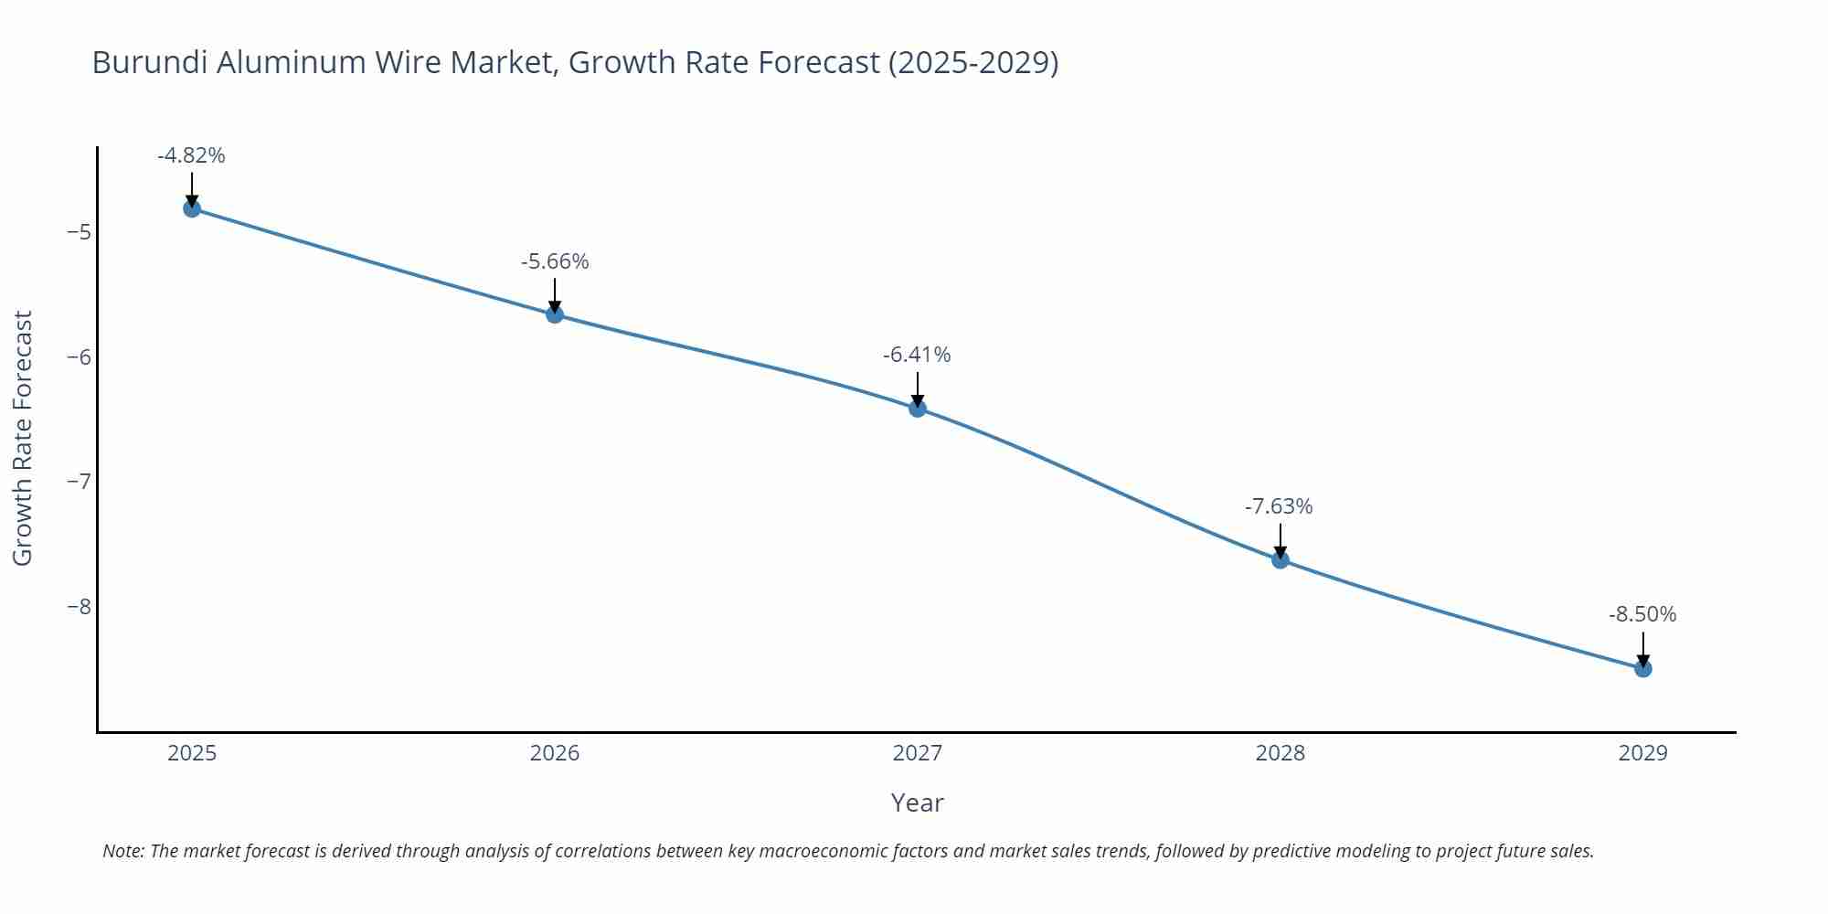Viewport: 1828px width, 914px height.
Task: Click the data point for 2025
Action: [192, 208]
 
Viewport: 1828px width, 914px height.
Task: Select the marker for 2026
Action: [555, 314]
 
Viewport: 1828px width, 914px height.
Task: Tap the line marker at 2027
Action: [918, 408]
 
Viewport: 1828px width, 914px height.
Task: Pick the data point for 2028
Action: [1281, 559]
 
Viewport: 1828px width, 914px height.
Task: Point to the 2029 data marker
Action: [1643, 668]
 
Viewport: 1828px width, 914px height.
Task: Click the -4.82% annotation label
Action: [191, 155]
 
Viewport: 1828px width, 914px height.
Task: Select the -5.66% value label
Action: [555, 261]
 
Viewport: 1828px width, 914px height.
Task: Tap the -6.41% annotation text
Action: [917, 355]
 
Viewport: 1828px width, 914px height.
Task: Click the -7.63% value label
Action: [1279, 506]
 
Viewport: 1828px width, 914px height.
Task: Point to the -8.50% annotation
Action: [1642, 614]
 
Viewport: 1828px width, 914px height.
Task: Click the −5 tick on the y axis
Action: [79, 231]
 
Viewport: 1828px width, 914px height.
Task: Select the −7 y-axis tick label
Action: [79, 481]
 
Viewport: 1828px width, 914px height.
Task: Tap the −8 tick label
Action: [79, 606]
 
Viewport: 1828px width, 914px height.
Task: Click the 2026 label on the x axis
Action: [555, 753]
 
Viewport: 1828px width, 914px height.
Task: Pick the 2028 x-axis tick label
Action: [1281, 753]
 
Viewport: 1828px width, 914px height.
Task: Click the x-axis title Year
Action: [917, 802]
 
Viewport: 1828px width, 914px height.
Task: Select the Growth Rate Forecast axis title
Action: [23, 438]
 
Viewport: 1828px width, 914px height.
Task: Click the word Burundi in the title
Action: [150, 62]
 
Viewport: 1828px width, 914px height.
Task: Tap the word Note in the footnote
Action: [122, 851]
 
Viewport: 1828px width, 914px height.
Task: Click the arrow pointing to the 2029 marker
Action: [1643, 647]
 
